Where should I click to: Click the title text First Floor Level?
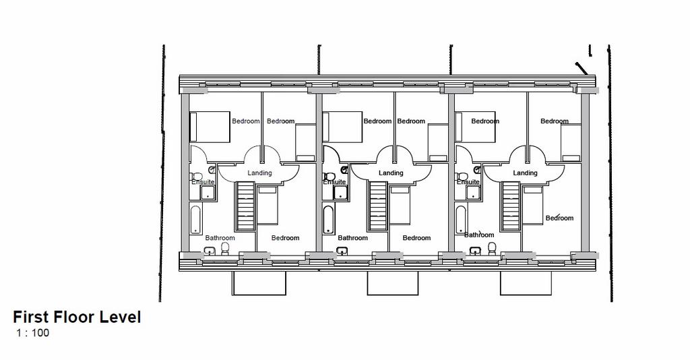pos(77,318)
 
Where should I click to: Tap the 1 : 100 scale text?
pos(32,333)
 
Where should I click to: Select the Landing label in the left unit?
pos(259,173)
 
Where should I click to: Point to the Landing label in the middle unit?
pos(391,173)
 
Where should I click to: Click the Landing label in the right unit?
pos(525,173)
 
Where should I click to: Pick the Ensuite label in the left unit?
pos(203,182)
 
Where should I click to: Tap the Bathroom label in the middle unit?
pos(352,238)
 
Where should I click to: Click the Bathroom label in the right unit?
pos(479,235)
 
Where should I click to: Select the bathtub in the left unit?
pos(196,220)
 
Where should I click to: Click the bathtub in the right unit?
pos(461,220)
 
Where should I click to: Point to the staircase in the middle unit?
pos(378,206)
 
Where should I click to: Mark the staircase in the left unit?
pos(246,206)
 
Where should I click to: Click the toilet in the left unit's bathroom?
pos(225,249)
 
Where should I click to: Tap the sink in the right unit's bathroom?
pos(475,251)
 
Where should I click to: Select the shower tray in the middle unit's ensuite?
pos(340,193)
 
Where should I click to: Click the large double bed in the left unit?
pos(210,127)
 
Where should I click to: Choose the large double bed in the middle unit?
pos(342,127)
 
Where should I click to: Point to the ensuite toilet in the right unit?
pos(462,177)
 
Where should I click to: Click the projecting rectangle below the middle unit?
pos(393,283)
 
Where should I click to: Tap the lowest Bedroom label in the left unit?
pos(285,238)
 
